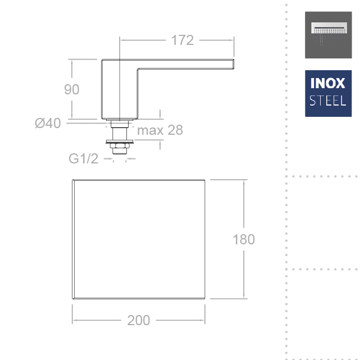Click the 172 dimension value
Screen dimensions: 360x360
183,40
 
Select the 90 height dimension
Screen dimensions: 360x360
72,89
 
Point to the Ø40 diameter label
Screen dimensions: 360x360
48,123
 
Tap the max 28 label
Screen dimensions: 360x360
160,130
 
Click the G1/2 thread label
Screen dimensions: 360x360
83,158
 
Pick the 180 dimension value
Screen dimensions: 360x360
244,239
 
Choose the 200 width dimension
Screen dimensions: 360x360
139,320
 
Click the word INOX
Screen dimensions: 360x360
327,83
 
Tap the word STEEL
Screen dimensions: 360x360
327,101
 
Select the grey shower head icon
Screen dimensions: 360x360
329,35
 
